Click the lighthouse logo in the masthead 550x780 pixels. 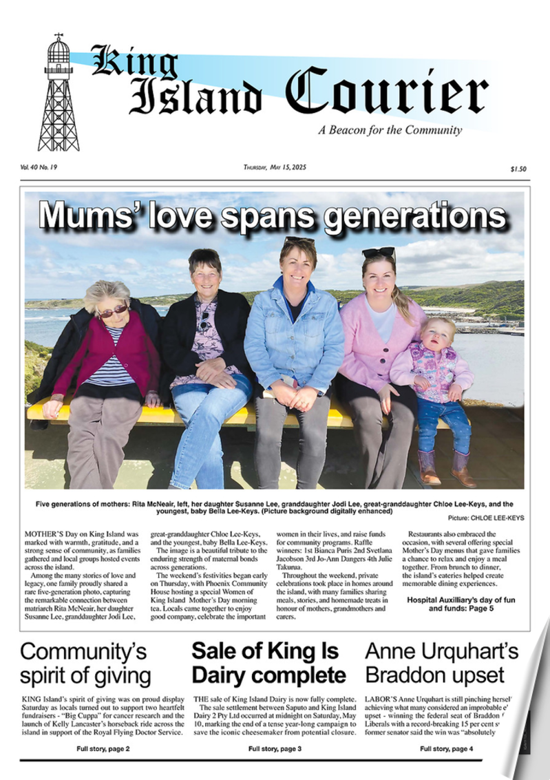[59, 93]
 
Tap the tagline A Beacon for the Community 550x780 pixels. [390, 130]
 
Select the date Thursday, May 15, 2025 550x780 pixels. [275, 167]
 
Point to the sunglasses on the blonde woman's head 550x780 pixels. [379, 253]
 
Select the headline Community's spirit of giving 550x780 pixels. [85, 663]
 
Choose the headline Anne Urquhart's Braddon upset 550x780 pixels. [441, 663]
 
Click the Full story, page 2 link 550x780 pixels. [103, 748]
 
